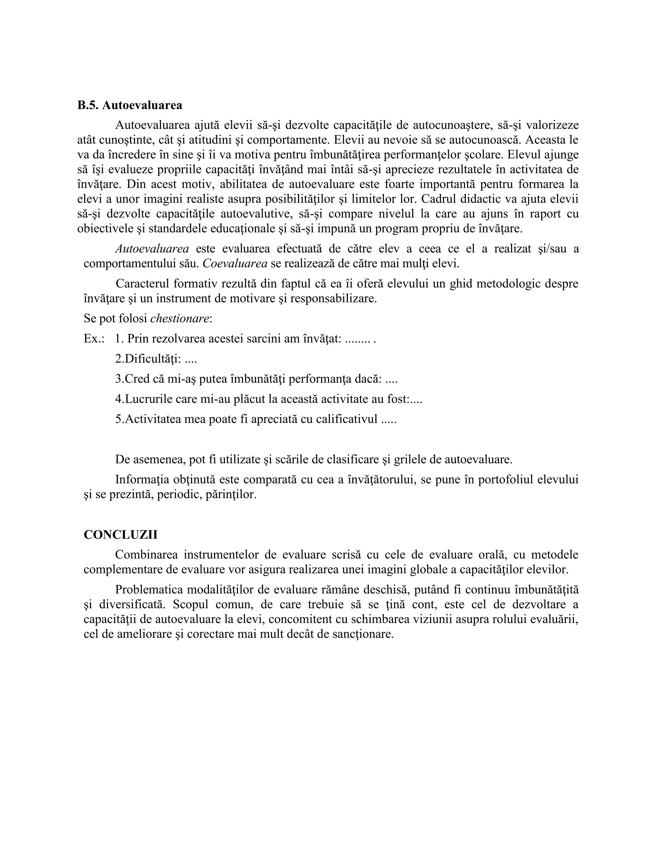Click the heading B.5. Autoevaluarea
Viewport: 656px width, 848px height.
(x=129, y=105)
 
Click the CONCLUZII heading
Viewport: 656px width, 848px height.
(x=120, y=535)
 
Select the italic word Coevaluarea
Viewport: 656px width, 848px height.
(x=235, y=264)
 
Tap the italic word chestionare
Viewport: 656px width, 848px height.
(x=180, y=319)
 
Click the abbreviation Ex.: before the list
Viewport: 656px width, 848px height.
(x=94, y=339)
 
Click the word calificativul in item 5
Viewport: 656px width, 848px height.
(x=346, y=419)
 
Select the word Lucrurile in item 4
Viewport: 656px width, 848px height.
(x=149, y=399)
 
